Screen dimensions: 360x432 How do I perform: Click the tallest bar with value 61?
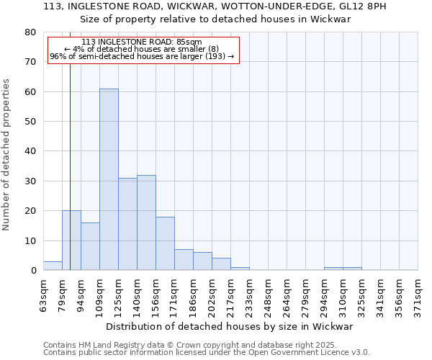click(x=109, y=179)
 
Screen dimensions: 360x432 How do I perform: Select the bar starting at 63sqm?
click(x=53, y=266)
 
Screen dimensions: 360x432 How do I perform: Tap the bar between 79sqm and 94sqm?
click(x=71, y=240)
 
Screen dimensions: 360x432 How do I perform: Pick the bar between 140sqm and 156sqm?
click(x=146, y=222)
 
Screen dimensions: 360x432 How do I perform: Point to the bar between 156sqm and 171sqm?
click(x=165, y=243)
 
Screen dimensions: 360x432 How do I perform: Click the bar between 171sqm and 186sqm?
click(x=184, y=260)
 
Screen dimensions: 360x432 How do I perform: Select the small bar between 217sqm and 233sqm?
click(x=240, y=269)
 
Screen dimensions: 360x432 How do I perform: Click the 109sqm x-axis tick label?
click(x=99, y=294)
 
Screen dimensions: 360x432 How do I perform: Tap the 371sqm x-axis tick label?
click(x=418, y=294)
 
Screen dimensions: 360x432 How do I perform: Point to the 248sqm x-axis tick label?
click(x=268, y=294)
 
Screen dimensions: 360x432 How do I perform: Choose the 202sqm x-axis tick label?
click(x=212, y=294)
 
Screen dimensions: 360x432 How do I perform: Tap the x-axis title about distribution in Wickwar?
click(x=234, y=326)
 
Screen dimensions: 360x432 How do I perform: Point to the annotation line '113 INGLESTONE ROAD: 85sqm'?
click(x=142, y=42)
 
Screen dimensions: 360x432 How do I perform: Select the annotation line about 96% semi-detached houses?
click(x=142, y=56)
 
